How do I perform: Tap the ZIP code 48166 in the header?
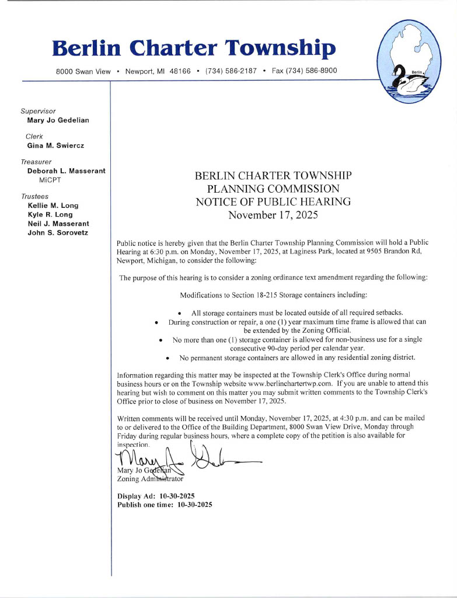coord(180,71)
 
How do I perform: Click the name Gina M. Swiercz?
coord(56,145)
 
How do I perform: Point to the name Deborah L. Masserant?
coord(67,171)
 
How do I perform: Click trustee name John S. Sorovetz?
coord(58,232)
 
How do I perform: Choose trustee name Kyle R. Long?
coord(50,214)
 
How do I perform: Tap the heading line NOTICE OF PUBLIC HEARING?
coord(273,202)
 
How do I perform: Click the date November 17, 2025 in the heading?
coord(273,215)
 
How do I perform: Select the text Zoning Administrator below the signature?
coord(150,479)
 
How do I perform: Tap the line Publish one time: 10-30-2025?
coord(165,505)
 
